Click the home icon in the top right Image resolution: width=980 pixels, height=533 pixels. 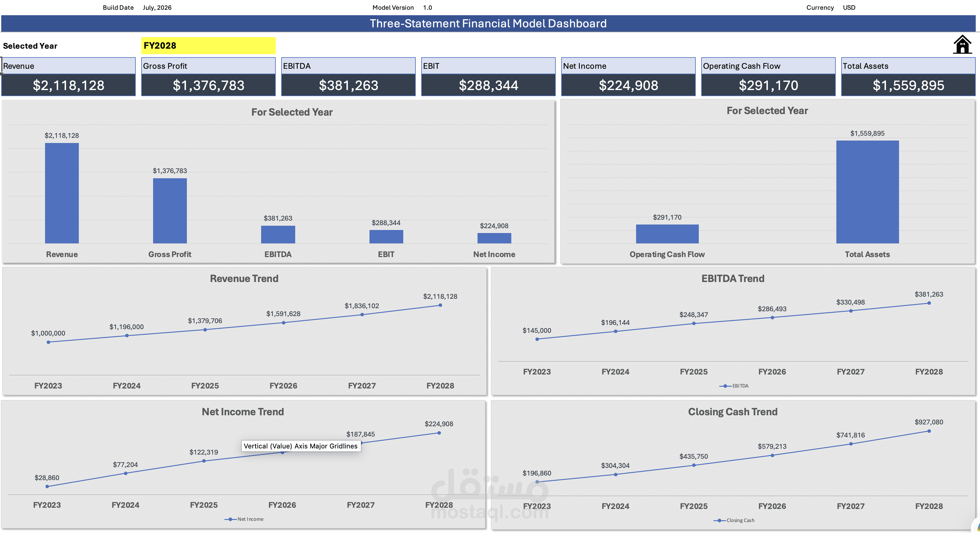tap(962, 44)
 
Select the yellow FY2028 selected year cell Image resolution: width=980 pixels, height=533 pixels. tap(208, 46)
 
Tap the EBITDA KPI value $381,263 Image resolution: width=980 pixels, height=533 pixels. tap(348, 85)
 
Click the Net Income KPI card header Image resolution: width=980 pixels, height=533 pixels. tap(628, 66)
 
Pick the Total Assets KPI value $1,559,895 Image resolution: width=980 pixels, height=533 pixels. tap(908, 85)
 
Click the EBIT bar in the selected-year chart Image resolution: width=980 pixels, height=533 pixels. tap(386, 236)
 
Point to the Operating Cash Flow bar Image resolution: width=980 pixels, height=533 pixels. tap(667, 234)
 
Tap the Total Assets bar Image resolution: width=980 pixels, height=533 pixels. tap(867, 192)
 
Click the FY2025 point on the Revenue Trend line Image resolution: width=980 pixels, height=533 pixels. tap(205, 329)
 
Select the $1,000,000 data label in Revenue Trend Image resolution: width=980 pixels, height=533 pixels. tap(48, 333)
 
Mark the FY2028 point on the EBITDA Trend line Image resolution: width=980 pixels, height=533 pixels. tap(929, 303)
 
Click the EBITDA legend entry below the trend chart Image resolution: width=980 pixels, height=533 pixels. tap(734, 386)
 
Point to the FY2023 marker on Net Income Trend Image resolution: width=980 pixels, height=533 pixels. tap(47, 486)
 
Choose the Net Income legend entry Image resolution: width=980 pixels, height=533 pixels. tap(244, 519)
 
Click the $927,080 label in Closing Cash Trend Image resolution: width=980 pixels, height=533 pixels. tap(929, 422)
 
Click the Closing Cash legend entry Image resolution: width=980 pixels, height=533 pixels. tap(734, 520)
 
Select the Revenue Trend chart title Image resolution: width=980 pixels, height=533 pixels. tap(244, 278)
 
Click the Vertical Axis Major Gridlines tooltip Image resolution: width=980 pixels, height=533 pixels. tap(301, 446)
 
